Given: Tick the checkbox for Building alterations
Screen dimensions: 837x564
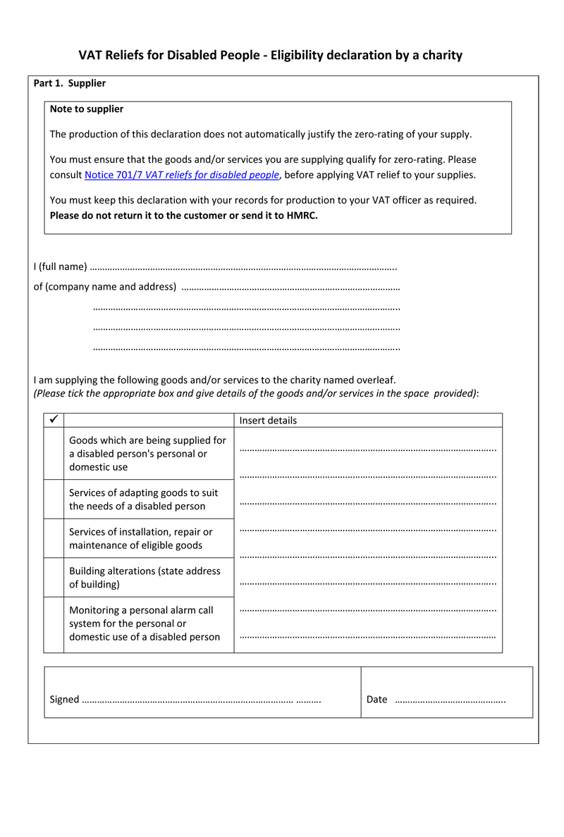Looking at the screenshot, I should point(54,578).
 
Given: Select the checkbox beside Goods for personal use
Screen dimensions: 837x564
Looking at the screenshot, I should point(54,453).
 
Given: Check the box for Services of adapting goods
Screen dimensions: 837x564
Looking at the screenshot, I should point(54,500).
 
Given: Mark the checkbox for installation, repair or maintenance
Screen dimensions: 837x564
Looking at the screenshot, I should point(54,538).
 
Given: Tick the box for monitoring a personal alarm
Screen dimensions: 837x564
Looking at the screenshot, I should point(54,624).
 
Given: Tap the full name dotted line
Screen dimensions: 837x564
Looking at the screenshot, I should point(243,268).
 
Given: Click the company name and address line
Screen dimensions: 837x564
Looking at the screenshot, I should point(290,287).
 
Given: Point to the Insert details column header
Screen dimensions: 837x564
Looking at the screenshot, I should point(268,421).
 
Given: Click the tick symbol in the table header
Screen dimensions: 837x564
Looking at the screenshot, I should point(54,420).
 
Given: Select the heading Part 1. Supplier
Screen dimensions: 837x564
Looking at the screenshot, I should point(70,83).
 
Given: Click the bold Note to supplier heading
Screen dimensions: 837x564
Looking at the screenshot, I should point(87,109).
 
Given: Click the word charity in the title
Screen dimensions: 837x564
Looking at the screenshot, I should point(441,55).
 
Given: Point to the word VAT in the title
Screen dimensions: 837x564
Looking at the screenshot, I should point(90,55).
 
